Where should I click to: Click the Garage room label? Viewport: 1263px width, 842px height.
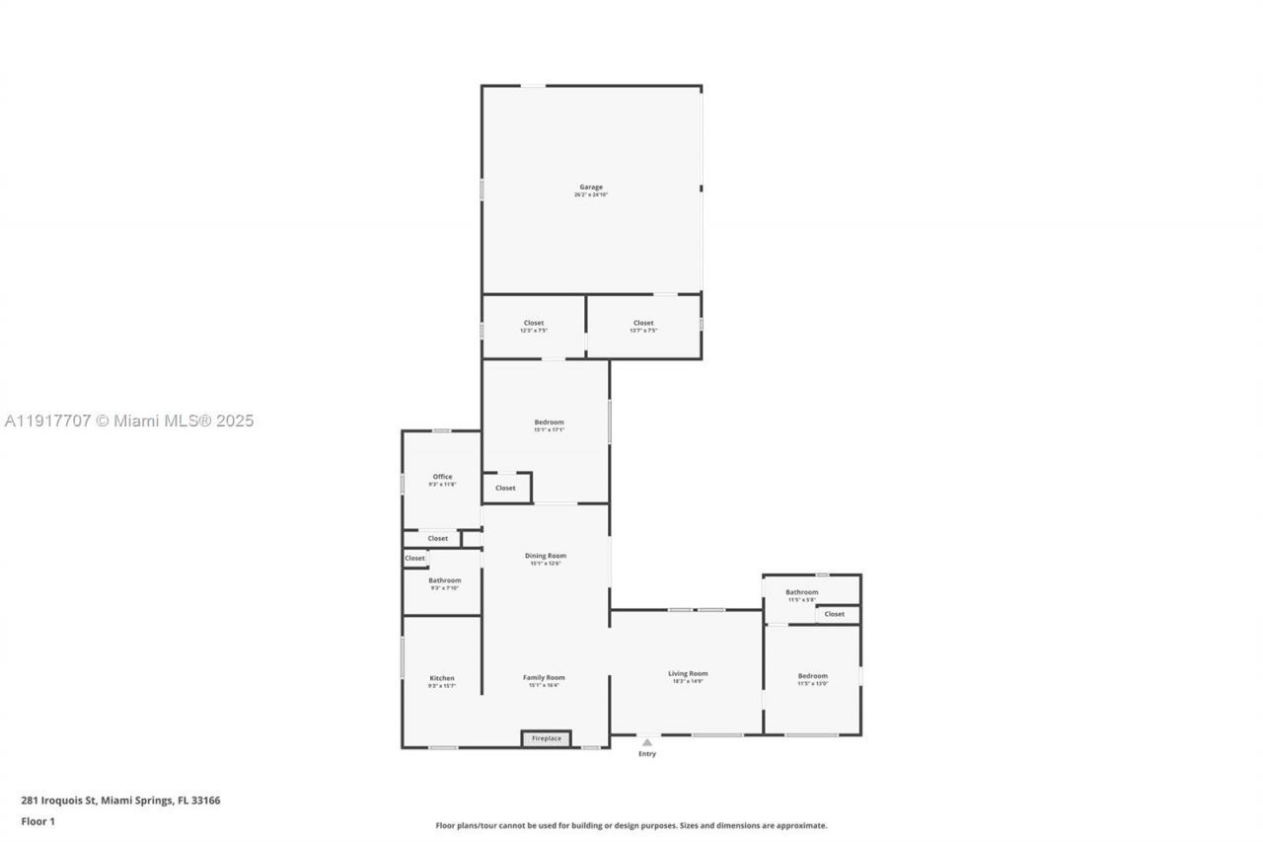pos(590,188)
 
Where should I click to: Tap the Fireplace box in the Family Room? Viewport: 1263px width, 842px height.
pos(546,738)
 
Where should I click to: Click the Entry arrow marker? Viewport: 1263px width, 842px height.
pos(646,742)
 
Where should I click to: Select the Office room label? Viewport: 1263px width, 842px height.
pos(442,477)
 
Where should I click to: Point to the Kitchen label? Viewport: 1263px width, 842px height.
pos(442,678)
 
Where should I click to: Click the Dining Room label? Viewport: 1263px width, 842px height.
pos(545,556)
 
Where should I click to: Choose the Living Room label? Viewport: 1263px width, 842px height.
pos(687,674)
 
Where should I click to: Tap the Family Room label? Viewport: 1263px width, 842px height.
pos(544,678)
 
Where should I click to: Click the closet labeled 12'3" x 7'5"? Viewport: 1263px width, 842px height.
pos(533,324)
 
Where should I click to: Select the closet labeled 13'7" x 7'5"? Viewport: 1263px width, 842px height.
pos(643,324)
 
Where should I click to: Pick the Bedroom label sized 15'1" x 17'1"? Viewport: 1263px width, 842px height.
pos(548,422)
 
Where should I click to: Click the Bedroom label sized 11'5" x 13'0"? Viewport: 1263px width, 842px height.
pos(812,676)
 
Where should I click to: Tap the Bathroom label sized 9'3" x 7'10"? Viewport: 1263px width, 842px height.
pos(444,580)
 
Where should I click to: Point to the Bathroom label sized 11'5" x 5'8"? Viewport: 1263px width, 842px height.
pos(801,592)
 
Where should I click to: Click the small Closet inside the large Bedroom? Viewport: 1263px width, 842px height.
pos(505,488)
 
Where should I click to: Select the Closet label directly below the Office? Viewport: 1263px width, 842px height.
pos(438,538)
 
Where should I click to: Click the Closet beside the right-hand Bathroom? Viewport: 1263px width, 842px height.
pos(835,614)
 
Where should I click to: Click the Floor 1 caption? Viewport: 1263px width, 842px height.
pos(37,821)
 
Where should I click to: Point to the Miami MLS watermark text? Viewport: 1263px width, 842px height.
pos(129,421)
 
